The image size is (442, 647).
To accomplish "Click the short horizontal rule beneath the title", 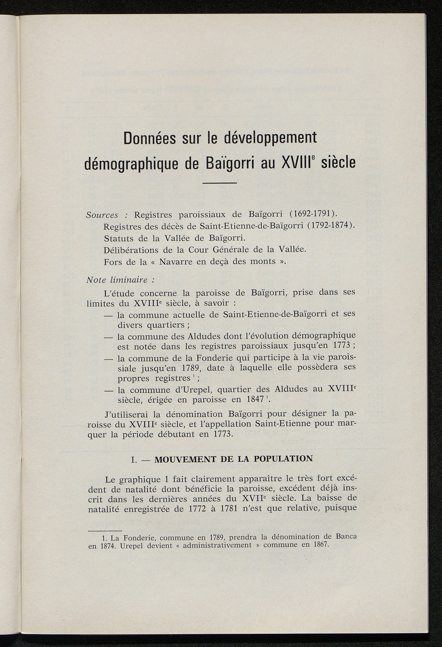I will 220,184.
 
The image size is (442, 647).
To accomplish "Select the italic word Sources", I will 102,215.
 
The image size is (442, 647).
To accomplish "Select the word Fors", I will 113,262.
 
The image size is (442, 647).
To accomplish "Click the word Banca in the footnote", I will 344,537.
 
